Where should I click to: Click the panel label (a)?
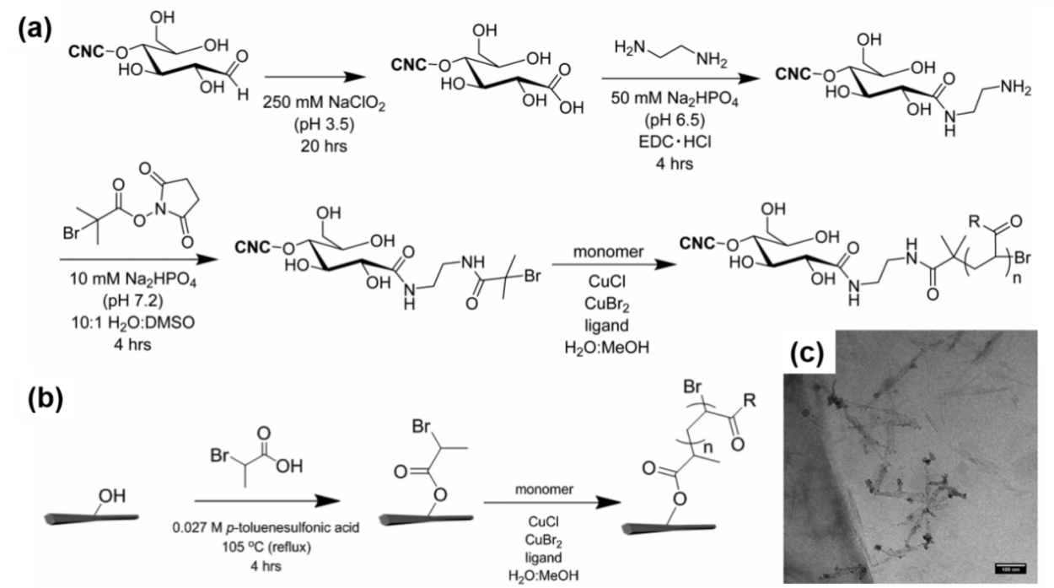point(35,30)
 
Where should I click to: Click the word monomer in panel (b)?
point(546,487)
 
